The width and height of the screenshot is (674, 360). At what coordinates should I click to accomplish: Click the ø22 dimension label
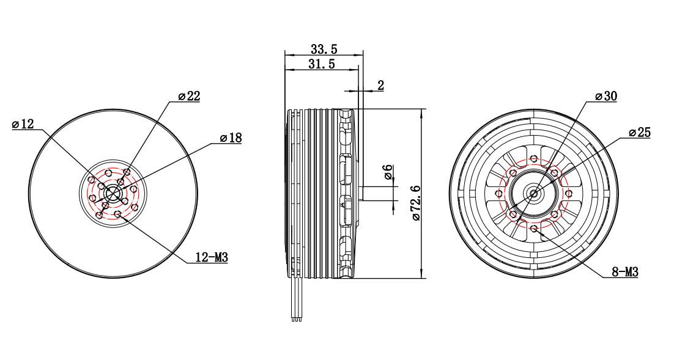[x=189, y=96]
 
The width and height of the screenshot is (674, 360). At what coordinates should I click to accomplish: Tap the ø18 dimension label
[x=231, y=138]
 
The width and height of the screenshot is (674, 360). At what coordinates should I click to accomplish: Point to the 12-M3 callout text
[x=212, y=257]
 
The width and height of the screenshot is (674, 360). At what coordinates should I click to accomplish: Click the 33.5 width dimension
[x=324, y=49]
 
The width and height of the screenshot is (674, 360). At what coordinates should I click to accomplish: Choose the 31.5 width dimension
[x=321, y=64]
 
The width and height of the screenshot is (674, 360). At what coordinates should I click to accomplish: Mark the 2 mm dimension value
[x=380, y=85]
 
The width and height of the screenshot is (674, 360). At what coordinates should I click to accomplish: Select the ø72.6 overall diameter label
[x=416, y=202]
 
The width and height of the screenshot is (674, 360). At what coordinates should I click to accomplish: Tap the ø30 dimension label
[x=605, y=96]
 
